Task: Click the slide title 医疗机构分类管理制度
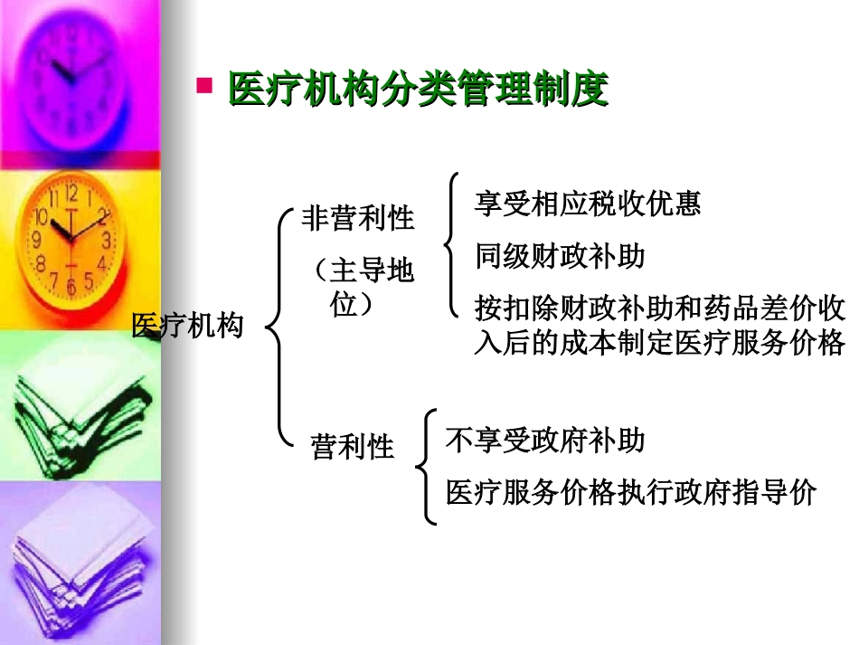[418, 90]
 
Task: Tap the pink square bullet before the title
[204, 86]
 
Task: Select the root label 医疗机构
[188, 326]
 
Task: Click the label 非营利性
[358, 218]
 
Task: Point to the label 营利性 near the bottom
[353, 447]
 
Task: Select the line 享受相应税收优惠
[588, 204]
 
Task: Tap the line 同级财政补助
[560, 256]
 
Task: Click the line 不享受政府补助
[545, 441]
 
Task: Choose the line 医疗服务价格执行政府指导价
[631, 492]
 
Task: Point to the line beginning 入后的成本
[660, 344]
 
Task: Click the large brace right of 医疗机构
[277, 328]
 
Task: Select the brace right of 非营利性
[451, 244]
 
